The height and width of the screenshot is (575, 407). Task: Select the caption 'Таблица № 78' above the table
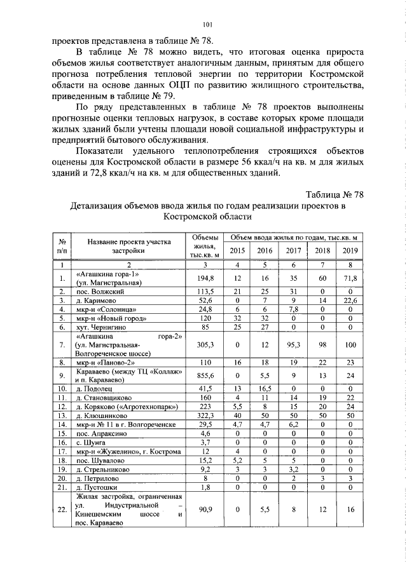334,194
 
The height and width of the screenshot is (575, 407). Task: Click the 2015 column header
237,250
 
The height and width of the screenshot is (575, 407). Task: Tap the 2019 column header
350,250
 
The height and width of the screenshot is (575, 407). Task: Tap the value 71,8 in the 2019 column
350,278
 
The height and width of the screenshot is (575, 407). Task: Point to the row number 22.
62,509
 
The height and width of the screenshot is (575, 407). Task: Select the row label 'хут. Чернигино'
99,327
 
